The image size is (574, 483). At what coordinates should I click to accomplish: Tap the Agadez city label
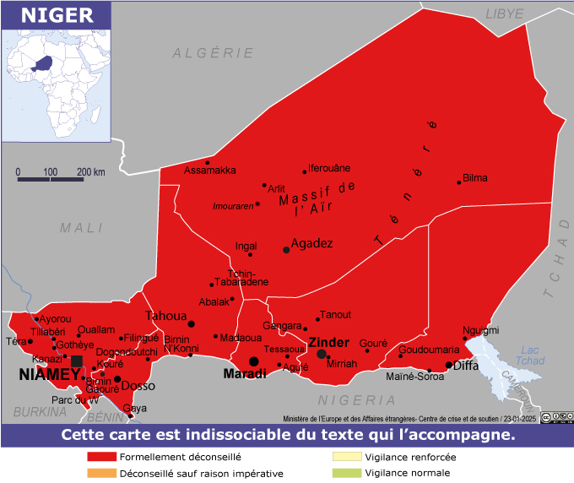tap(311, 243)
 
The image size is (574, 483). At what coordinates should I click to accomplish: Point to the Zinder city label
tap(328, 342)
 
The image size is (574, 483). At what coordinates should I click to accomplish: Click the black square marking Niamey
tap(77, 361)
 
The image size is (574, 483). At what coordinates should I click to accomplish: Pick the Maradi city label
tap(245, 373)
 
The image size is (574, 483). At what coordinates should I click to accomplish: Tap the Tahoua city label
tap(165, 316)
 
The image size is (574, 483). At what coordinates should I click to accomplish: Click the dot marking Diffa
tap(449, 366)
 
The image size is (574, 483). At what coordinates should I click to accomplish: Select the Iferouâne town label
tap(329, 168)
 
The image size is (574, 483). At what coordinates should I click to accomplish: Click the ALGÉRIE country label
tap(214, 52)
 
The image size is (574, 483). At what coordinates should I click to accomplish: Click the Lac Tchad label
tap(530, 355)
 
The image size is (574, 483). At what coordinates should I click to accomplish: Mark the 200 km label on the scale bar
tap(91, 171)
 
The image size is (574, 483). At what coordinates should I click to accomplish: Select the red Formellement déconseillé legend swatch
tap(101, 457)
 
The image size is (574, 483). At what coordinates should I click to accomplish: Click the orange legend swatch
tap(101, 473)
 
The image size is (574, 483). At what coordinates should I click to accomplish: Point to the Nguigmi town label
tap(481, 330)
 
